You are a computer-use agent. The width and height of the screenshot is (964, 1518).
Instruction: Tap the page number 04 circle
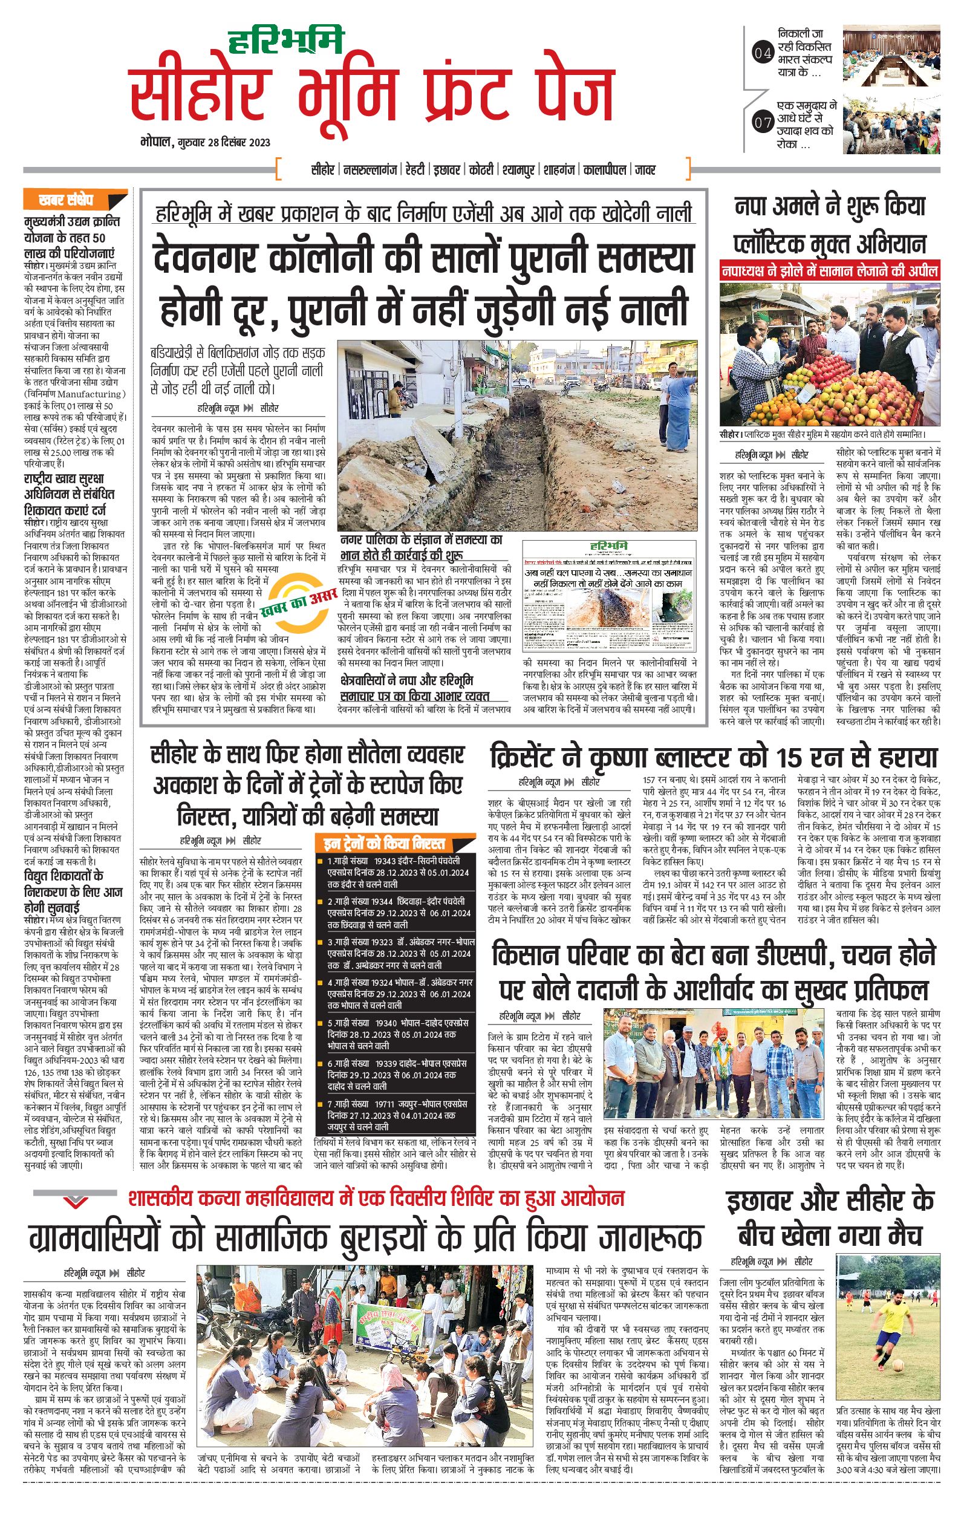[762, 54]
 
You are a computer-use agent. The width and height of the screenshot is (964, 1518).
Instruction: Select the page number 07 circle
[762, 122]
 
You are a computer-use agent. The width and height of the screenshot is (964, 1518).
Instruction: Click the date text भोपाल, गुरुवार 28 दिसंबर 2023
[206, 142]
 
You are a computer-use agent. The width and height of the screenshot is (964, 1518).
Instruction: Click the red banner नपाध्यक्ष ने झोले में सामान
[830, 270]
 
